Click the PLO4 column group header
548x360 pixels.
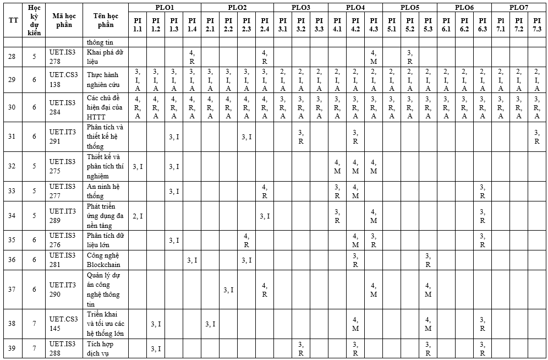[355, 7]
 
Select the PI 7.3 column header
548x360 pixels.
[537, 24]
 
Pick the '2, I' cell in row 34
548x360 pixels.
[138, 216]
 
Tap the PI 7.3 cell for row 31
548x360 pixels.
[537, 137]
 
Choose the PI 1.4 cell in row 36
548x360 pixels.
[192, 260]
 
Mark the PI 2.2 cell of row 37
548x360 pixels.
[228, 290]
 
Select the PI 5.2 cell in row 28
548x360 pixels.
[409, 57]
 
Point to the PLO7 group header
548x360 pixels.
[518, 7]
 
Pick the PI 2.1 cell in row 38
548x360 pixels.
[210, 324]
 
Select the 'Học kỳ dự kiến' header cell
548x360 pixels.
[34, 20]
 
